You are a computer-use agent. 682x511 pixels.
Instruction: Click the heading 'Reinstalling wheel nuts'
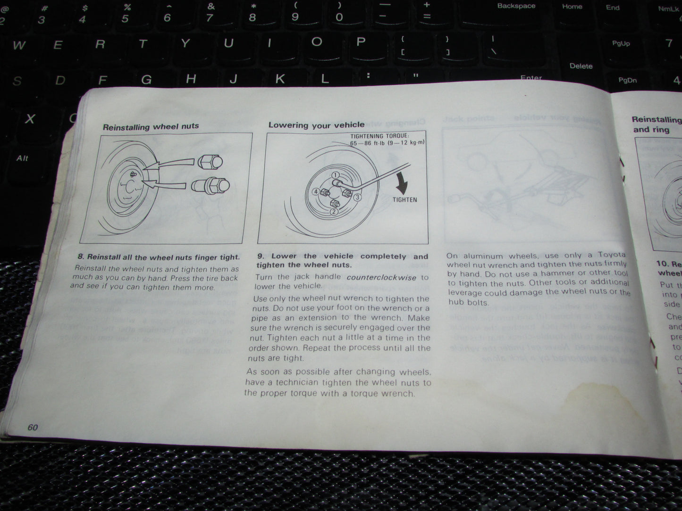tap(151, 127)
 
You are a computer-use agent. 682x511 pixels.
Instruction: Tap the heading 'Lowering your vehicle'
tap(316, 125)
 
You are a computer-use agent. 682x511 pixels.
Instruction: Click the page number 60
tap(33, 427)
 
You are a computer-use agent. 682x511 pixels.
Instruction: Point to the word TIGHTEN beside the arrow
tap(404, 200)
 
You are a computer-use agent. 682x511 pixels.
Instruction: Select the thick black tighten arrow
tap(402, 183)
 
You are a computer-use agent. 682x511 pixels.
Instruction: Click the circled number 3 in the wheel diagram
tap(358, 197)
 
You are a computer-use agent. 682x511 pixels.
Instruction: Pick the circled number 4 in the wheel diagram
tap(316, 192)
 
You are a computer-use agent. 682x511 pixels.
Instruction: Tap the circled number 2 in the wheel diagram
tap(333, 212)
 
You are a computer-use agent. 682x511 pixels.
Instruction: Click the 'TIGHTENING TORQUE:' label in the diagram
tap(379, 136)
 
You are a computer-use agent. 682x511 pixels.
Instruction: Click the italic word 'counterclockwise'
tap(381, 278)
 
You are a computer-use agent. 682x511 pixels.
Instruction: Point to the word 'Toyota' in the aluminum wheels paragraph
tap(612, 255)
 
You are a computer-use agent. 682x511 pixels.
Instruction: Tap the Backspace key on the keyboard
tap(516, 6)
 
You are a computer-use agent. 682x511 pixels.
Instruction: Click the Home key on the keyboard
tap(572, 7)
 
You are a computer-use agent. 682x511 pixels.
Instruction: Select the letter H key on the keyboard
tap(191, 78)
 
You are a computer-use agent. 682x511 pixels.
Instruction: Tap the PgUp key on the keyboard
tap(621, 43)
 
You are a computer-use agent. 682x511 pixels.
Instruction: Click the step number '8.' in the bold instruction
tap(81, 257)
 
